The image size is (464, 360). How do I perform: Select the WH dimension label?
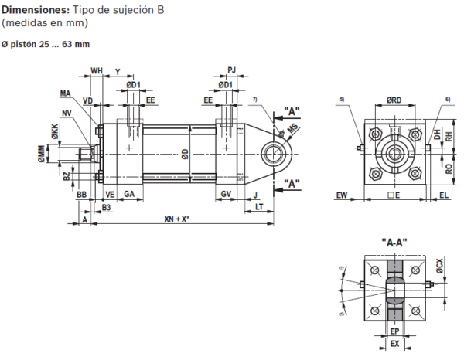[x=97, y=71]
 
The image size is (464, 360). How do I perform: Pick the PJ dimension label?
[x=231, y=71]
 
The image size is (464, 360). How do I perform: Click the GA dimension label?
[x=129, y=193]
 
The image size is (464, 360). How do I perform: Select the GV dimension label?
[x=226, y=193]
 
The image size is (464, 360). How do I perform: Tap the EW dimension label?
[x=343, y=195]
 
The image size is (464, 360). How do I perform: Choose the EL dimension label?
[x=444, y=195]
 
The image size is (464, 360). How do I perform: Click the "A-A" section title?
[x=394, y=243]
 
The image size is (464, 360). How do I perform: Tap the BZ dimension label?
[x=67, y=176]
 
